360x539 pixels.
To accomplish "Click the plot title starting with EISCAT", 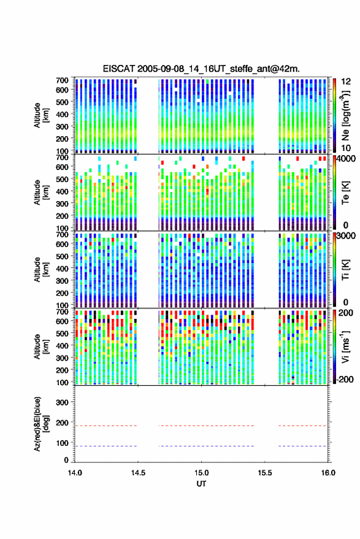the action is (201, 69).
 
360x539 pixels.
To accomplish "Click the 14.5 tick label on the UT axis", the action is (138, 473).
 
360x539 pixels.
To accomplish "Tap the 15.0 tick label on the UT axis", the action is (202, 473).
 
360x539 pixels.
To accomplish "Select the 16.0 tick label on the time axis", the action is (328, 473).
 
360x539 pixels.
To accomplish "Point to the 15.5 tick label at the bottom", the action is (265, 473).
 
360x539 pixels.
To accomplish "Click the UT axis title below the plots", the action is (202, 484).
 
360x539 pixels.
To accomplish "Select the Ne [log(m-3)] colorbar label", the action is (345, 115).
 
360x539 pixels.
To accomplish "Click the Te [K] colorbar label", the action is (345, 193).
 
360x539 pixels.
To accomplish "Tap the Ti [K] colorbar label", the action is (345, 270).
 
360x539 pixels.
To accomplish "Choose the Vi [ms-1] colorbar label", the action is (345, 347).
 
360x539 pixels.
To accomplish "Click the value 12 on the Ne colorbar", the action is (346, 82).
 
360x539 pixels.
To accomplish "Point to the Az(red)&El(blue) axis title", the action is (41, 424).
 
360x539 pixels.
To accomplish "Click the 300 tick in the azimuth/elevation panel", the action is (62, 402).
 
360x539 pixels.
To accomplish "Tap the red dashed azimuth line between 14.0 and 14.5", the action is (106, 426).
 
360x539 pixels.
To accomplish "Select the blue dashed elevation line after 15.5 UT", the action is (302, 446).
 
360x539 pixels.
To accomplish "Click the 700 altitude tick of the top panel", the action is (62, 80).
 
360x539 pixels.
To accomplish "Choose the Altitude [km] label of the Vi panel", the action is (41, 347).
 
